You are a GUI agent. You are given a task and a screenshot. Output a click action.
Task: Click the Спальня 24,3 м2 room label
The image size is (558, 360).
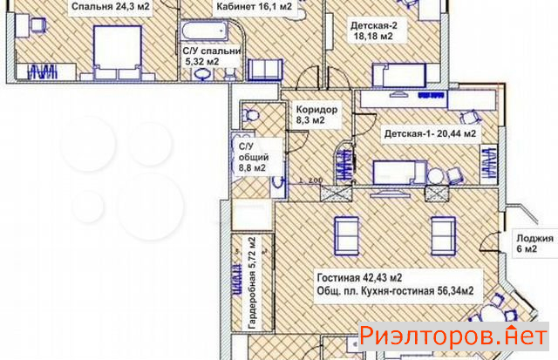pyautogui.click(x=111, y=6)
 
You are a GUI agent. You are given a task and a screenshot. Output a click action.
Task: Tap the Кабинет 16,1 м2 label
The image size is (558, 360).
pyautogui.click(x=254, y=6)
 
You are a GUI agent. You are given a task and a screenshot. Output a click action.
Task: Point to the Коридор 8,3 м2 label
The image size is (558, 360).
pyautogui.click(x=316, y=114)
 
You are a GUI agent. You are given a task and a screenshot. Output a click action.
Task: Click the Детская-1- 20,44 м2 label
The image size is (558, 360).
pyautogui.click(x=430, y=133)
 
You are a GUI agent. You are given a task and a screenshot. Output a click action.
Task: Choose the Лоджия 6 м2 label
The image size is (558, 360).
pyautogui.click(x=534, y=243)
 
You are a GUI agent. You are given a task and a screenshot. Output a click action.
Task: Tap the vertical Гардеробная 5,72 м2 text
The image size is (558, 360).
pyautogui.click(x=252, y=283)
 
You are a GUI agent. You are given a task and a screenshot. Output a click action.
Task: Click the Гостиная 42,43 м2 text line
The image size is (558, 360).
pyautogui.click(x=359, y=277)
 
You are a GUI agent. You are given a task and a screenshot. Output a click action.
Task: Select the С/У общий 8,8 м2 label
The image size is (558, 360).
pyautogui.click(x=253, y=157)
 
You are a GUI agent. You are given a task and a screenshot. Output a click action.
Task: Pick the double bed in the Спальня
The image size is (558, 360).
pyautogui.click(x=117, y=52)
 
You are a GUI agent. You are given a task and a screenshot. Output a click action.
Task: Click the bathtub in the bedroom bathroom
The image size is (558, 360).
pyautogui.click(x=205, y=31)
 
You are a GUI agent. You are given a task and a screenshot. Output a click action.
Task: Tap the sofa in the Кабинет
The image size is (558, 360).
pyautogui.click(x=265, y=70)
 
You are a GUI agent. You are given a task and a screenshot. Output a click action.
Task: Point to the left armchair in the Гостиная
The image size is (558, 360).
pyautogui.click(x=346, y=236)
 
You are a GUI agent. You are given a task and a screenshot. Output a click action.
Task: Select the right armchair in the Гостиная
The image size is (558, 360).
pyautogui.click(x=444, y=236)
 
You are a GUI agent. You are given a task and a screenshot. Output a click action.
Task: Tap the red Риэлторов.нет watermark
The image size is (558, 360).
pyautogui.click(x=453, y=336)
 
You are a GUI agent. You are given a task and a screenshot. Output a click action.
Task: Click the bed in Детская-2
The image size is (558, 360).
pyautogui.click(x=399, y=75)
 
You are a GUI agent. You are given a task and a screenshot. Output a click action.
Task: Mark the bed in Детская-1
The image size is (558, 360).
pyautogui.click(x=399, y=173)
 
